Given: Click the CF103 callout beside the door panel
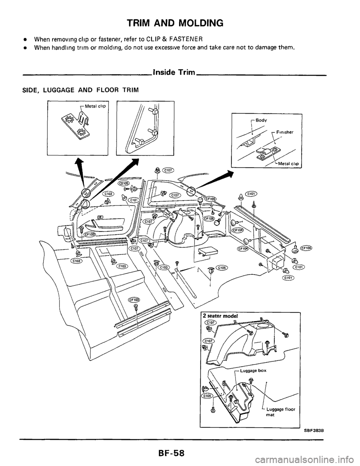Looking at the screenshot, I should [90, 234].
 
